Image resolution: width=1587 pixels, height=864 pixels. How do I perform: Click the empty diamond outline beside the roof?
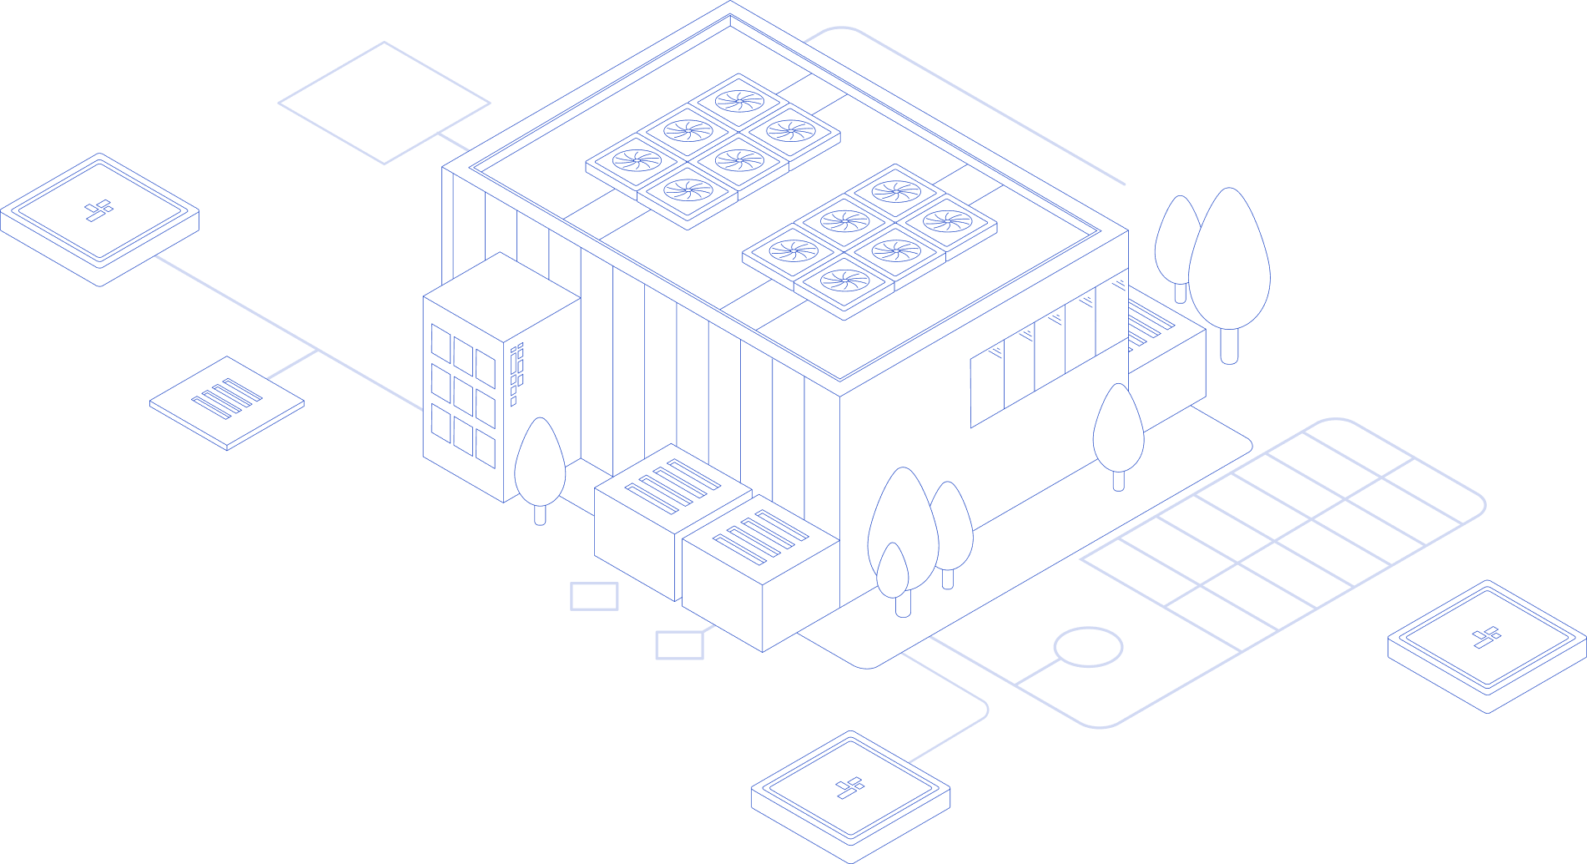(x=384, y=103)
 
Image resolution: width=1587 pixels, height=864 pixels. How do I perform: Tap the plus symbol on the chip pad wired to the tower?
(x=99, y=210)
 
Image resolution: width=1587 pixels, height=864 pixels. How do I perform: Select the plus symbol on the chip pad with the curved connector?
(x=851, y=787)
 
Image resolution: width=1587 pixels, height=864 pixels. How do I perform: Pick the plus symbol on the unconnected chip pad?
(x=1487, y=638)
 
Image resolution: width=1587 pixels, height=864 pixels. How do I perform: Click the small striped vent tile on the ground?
(x=227, y=400)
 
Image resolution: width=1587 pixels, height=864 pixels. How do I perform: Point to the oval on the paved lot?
(x=1088, y=647)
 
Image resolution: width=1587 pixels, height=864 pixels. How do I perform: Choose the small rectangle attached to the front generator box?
(x=679, y=645)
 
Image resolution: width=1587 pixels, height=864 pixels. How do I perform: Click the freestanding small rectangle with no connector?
(x=594, y=596)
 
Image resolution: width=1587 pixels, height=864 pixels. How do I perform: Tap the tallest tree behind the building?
(x=1230, y=267)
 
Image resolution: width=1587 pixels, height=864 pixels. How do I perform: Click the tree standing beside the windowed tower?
(x=540, y=464)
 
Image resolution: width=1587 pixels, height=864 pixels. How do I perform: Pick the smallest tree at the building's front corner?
(x=893, y=572)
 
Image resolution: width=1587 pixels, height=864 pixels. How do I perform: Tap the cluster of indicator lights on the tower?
(x=517, y=371)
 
